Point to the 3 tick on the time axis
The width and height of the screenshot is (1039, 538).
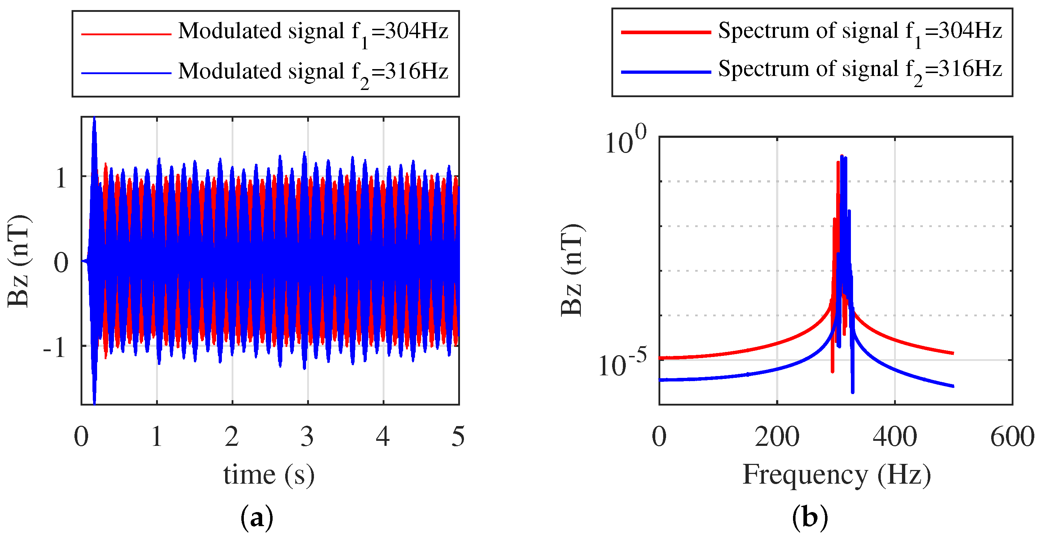coord(307,437)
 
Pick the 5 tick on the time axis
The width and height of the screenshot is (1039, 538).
coord(458,437)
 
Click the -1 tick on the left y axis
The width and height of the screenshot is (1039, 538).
coord(55,348)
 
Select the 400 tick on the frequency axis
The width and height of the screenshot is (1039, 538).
coord(895,437)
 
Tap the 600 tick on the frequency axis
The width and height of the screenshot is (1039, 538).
coord(1012,437)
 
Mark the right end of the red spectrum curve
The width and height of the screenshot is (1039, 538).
coord(953,353)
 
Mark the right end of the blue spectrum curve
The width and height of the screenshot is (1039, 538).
coord(953,386)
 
